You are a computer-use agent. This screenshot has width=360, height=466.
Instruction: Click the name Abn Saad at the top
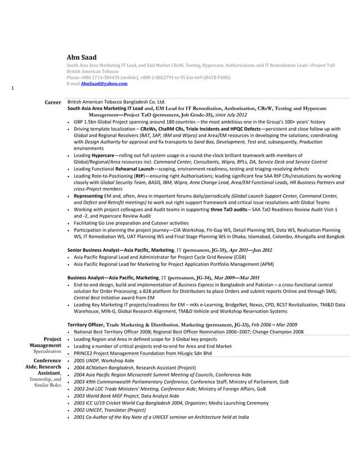click(82, 58)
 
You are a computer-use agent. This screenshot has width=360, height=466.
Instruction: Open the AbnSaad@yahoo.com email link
click(104, 83)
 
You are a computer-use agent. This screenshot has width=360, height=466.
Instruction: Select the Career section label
click(53, 103)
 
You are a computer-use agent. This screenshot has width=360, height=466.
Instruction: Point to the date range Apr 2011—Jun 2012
click(250, 250)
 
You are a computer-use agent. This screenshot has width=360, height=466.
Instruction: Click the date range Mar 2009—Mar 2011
click(236, 278)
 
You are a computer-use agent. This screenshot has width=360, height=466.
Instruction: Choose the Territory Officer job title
click(85, 324)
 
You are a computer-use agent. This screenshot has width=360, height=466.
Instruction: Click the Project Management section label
click(45, 342)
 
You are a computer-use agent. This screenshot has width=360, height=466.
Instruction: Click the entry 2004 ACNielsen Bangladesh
click(104, 367)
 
